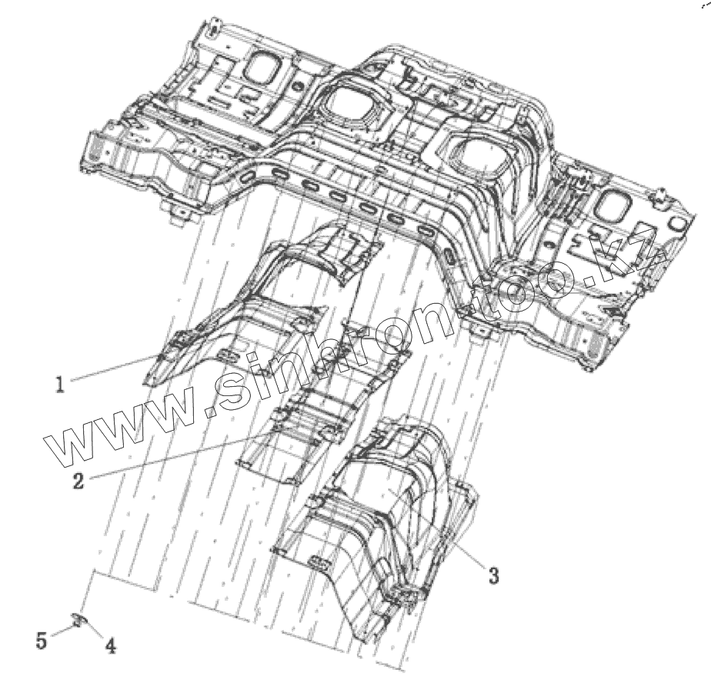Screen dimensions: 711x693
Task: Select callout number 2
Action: pos(79,481)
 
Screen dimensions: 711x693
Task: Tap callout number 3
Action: pos(493,574)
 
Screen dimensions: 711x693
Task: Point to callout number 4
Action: pos(111,647)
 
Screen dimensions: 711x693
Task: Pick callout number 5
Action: pos(42,639)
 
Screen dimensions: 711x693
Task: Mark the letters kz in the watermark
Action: pos(631,250)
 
